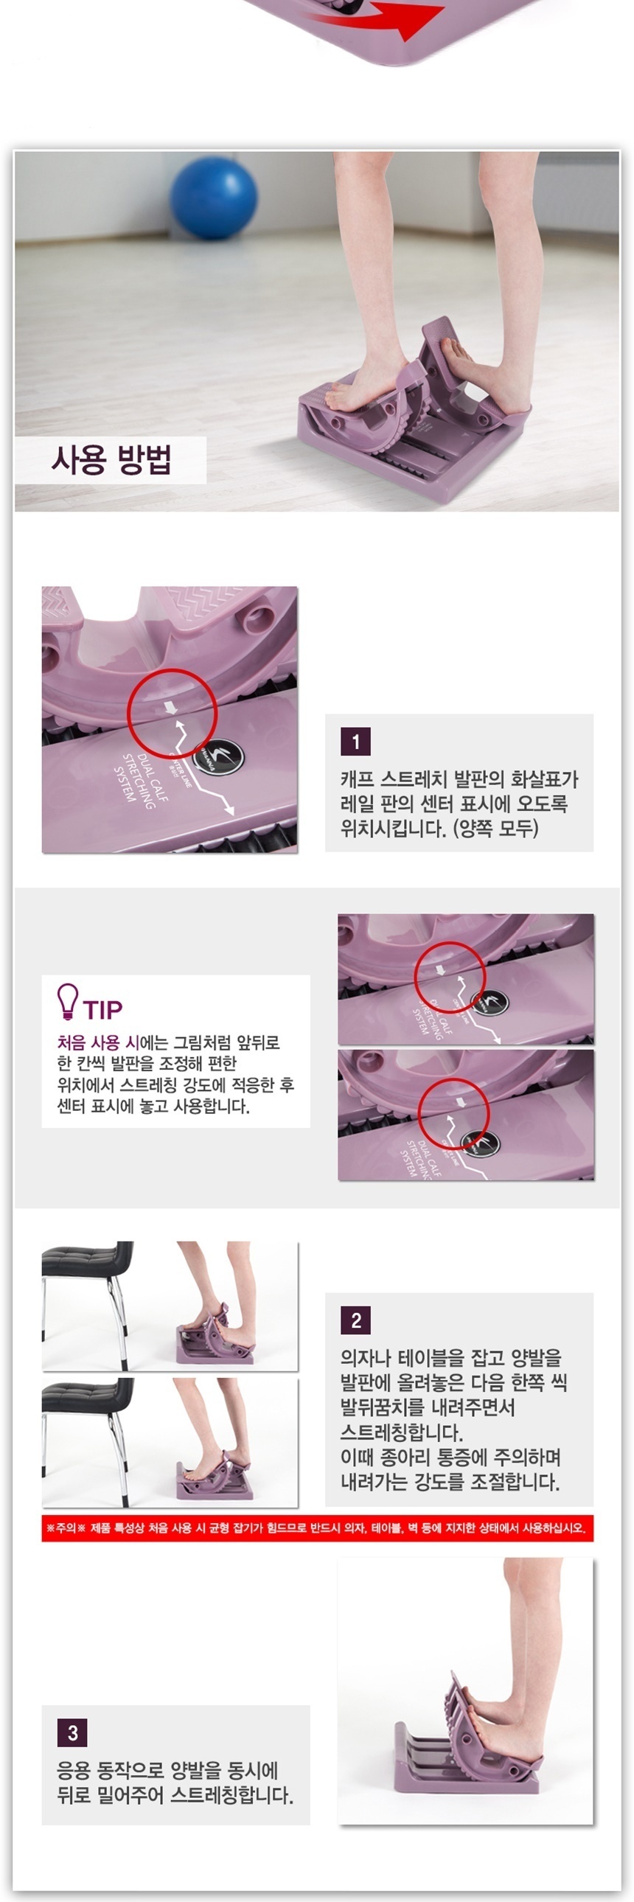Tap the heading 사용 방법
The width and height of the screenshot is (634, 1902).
click(x=111, y=459)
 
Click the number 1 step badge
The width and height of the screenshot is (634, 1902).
click(x=356, y=742)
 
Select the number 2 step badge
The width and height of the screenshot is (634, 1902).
click(x=356, y=1320)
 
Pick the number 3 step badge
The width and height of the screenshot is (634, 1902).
click(x=72, y=1733)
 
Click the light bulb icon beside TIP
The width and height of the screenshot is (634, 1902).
click(x=67, y=1001)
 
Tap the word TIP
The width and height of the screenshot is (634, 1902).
click(x=102, y=1009)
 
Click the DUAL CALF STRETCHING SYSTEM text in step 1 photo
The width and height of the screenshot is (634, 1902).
click(x=140, y=781)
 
